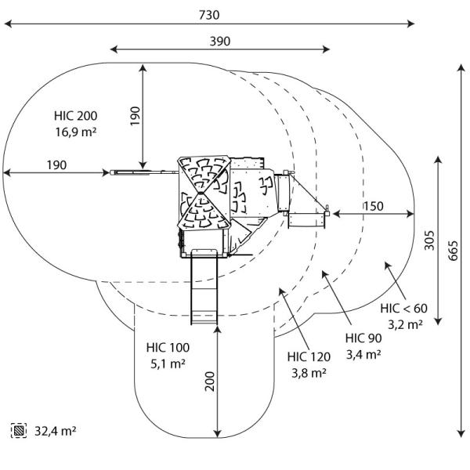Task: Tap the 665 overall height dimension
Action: tap(454, 248)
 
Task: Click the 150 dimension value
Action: tap(373, 206)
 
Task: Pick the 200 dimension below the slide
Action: tap(209, 381)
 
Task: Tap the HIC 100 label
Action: tap(167, 347)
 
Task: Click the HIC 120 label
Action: tap(309, 357)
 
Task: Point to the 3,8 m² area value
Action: tap(309, 373)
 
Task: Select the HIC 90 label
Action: tap(363, 338)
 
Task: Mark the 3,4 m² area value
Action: tap(363, 354)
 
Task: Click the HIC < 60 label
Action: tap(404, 307)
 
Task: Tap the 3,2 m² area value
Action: tap(405, 323)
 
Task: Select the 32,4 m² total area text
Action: tap(55, 430)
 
